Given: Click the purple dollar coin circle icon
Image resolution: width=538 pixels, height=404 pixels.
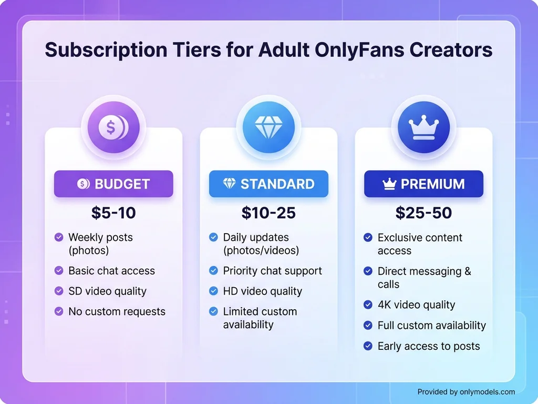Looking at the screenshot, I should (113, 127).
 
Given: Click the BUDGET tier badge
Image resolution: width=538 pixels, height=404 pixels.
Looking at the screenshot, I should (113, 184).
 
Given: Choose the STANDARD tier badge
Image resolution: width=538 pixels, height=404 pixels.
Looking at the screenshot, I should (268, 184).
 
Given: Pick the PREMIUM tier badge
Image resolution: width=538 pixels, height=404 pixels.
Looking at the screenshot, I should (423, 184).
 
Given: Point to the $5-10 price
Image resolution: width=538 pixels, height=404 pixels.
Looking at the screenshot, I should (113, 213).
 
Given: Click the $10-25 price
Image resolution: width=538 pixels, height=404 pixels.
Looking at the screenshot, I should (268, 213).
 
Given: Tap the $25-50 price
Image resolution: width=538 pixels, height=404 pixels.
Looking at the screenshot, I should (423, 213).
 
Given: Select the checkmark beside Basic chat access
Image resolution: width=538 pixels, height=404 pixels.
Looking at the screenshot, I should (59, 270).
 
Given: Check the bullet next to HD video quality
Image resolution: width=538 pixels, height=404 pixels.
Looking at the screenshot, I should (213, 291).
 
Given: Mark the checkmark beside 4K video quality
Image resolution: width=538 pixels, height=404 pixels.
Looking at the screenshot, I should (368, 305).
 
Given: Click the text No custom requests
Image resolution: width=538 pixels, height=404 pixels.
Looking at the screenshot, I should (117, 311).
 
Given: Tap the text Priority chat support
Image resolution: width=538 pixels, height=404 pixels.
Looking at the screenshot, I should (272, 271).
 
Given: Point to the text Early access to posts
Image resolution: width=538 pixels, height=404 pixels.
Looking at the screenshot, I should (429, 346).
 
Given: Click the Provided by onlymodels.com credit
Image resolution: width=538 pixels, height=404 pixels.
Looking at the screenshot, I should (466, 391).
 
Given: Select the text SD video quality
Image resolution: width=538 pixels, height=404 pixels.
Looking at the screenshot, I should (107, 291).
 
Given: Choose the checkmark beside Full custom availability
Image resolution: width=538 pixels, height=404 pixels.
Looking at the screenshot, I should (368, 326).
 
